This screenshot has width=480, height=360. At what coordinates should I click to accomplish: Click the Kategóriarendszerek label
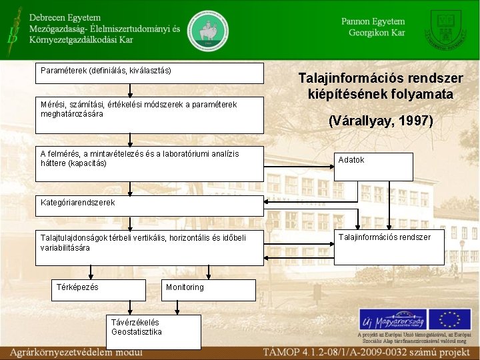pos(77,202)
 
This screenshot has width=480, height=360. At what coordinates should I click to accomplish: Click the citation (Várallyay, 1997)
pos(381,121)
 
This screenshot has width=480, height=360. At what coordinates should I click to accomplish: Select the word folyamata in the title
pos(420,94)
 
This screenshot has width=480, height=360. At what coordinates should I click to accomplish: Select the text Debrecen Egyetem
pos(65,17)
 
